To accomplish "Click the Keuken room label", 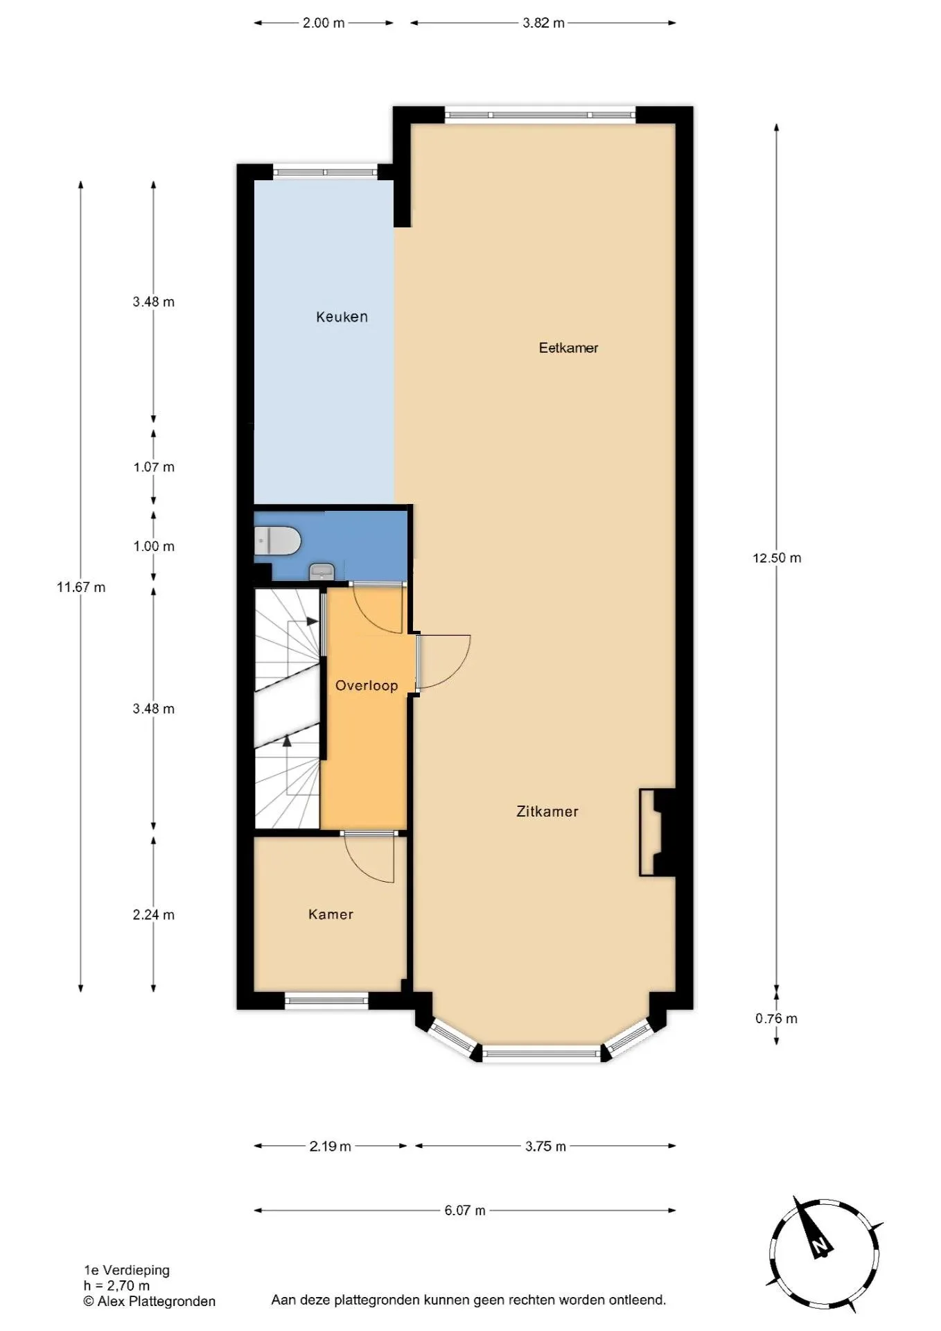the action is (x=342, y=317).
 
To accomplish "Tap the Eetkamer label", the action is (x=568, y=348).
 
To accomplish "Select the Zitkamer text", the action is (x=547, y=811).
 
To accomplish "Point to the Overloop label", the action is (x=367, y=686).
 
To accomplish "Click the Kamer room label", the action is (x=331, y=914).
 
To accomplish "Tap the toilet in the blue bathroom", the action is (x=277, y=541).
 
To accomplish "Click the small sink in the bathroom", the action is (x=322, y=572).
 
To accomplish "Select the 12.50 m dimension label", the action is (x=777, y=558).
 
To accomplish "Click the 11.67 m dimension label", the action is (x=81, y=587).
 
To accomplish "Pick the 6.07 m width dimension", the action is (x=465, y=1210).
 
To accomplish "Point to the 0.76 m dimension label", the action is (x=776, y=1018).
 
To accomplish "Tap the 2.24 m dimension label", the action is (x=154, y=914).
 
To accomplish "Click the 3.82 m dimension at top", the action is (x=544, y=23).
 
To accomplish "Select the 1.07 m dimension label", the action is (x=154, y=467).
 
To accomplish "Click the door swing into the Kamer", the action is (x=369, y=859).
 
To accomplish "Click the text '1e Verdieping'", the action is (x=127, y=1270).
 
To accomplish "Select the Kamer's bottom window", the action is (x=326, y=1000).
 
